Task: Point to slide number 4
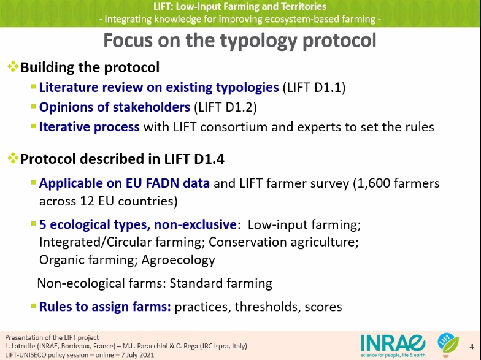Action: click(471, 347)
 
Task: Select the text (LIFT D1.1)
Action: click(314, 88)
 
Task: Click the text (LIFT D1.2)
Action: click(226, 107)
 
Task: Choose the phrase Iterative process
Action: click(90, 127)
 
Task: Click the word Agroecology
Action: click(178, 260)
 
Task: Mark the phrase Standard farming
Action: click(221, 283)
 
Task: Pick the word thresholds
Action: click(267, 307)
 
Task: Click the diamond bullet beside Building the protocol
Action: click(13, 66)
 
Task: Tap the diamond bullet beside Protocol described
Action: click(13, 158)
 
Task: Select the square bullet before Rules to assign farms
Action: click(33, 305)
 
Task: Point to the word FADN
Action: click(162, 183)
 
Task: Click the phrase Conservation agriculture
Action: click(283, 242)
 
